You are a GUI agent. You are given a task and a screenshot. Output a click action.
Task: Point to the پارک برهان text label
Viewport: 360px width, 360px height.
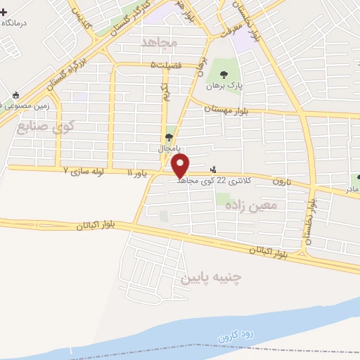pos(224,85)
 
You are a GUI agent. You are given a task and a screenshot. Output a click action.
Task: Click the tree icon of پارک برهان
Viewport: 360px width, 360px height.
pos(224,74)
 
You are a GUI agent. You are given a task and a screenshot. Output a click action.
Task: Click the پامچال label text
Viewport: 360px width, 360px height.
pos(169,149)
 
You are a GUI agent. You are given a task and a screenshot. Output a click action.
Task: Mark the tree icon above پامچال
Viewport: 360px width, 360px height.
pos(169,138)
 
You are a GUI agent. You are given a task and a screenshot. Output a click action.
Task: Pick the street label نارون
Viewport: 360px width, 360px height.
pos(282,181)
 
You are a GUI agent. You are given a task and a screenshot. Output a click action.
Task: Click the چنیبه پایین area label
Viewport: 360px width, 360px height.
pos(210,277)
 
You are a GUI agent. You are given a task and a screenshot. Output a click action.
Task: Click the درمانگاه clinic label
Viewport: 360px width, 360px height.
pos(14,23)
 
